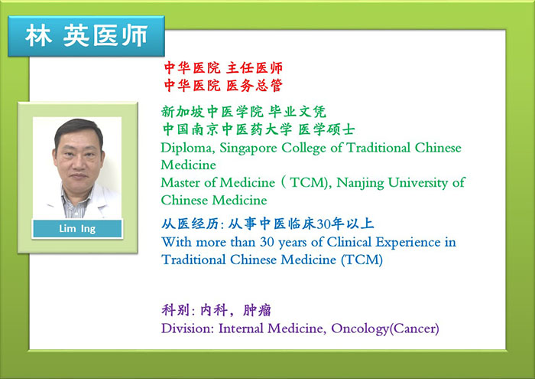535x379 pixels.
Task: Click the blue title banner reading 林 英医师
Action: tap(86, 36)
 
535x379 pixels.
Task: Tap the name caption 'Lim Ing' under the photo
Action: tap(77, 228)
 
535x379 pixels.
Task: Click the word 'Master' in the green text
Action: tap(181, 182)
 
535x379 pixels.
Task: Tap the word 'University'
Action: tap(418, 183)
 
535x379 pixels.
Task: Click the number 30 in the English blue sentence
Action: tap(267, 242)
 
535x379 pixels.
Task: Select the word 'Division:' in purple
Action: tap(188, 328)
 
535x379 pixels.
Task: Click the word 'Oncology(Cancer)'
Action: tap(385, 328)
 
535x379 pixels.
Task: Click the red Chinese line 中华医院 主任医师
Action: tap(223, 67)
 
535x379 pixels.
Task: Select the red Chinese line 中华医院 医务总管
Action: tap(223, 85)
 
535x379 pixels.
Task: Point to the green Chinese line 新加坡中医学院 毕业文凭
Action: tap(244, 112)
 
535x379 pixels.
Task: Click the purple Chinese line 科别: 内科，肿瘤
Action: tap(216, 310)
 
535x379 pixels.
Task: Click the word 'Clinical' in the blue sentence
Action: tap(349, 242)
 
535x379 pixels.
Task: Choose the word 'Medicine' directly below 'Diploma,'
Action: tap(188, 165)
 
